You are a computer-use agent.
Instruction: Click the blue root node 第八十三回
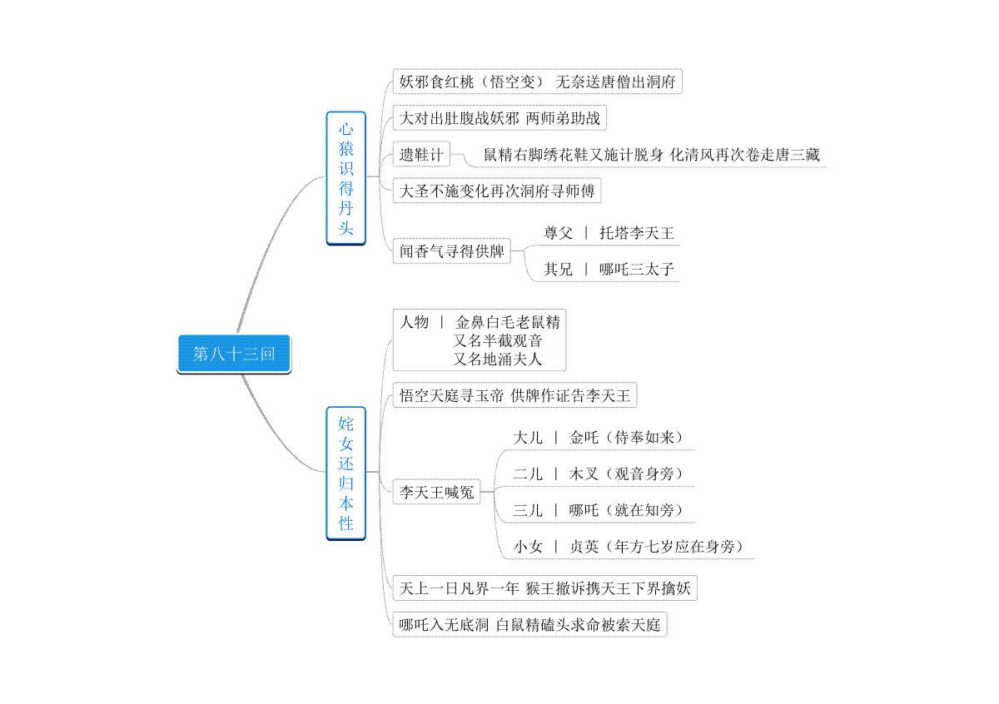234,354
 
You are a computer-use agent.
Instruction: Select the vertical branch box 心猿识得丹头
346,178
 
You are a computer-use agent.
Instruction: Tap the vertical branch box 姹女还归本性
346,473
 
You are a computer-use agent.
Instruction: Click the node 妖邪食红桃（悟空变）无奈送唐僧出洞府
538,82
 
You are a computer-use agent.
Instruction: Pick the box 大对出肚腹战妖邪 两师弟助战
499,118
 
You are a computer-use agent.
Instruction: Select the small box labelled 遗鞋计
421,154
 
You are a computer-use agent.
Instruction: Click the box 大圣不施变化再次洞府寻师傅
497,191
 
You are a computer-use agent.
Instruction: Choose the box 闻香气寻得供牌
452,251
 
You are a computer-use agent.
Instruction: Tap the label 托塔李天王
636,233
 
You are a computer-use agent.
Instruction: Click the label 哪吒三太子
636,270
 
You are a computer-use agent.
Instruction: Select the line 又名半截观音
497,340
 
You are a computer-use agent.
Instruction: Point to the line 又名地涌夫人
497,359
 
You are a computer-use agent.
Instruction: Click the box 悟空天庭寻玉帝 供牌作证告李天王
514,395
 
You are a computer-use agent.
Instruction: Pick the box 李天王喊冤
436,492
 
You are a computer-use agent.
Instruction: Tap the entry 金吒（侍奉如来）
626,438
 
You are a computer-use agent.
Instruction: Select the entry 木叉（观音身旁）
626,473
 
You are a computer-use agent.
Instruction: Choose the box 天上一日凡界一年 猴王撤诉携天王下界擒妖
545,588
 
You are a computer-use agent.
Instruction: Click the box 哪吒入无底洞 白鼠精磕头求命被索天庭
529,625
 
